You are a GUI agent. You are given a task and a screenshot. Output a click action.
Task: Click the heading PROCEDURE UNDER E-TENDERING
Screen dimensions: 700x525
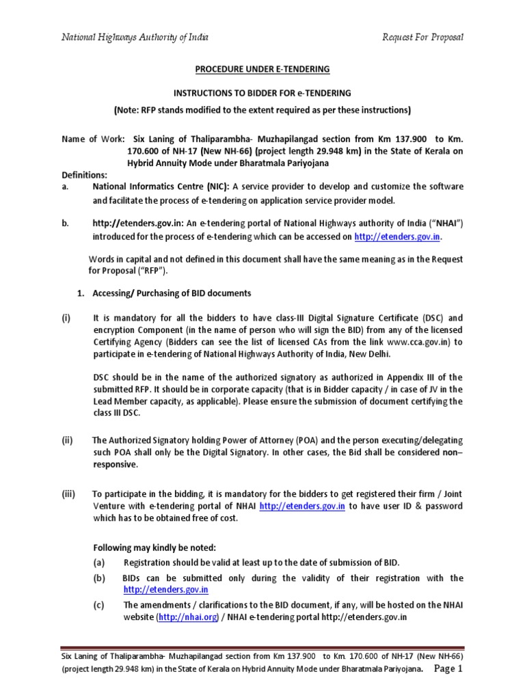262,69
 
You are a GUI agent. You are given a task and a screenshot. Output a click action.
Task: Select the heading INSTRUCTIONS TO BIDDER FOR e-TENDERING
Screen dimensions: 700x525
262,92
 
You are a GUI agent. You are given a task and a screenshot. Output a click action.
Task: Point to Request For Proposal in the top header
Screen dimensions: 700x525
422,36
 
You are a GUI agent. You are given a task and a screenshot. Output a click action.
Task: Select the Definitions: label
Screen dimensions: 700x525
85,175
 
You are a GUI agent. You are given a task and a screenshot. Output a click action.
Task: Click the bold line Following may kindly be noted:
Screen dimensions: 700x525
154,548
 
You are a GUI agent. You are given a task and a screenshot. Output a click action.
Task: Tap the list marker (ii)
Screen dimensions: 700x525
67,440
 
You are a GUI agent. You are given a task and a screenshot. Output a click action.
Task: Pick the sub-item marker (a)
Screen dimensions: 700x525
100,562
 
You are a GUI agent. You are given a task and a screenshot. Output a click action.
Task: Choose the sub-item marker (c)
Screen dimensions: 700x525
100,605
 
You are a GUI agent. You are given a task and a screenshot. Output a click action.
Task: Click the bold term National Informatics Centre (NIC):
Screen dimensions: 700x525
163,187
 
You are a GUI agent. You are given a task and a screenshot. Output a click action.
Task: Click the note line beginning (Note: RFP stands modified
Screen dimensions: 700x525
262,110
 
